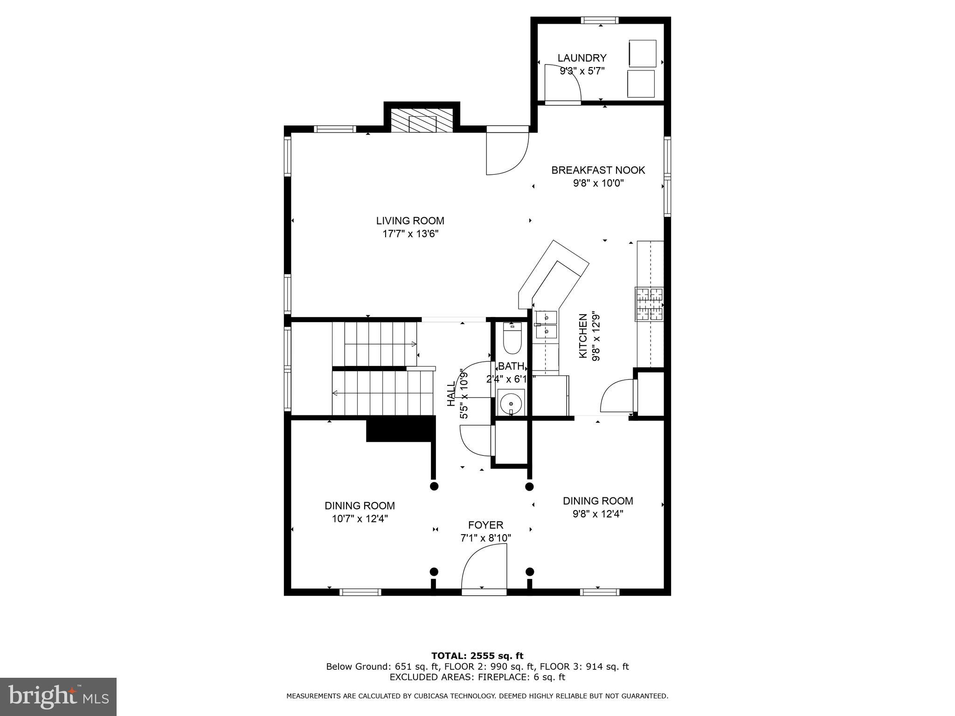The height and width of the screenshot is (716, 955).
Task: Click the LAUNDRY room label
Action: pos(581,58)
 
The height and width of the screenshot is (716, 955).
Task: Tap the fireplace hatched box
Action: pos(422,121)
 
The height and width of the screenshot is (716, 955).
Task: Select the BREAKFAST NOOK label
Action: pos(598,170)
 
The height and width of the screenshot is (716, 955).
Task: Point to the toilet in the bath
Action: pos(512,340)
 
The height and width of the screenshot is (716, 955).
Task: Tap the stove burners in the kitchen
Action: pos(649,304)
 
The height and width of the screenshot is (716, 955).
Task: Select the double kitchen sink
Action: pos(546,325)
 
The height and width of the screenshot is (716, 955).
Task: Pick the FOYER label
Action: pos(485,525)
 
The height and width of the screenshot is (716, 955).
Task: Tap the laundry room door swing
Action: pos(562,84)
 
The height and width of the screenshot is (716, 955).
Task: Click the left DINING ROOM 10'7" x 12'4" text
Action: pos(360,512)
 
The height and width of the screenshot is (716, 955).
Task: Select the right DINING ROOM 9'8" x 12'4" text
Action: pos(598,507)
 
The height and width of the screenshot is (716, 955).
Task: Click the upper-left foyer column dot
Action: pos(434,486)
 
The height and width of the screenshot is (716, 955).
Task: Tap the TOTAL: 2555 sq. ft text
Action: pos(477,656)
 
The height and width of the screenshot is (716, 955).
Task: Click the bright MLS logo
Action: pos(58,697)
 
